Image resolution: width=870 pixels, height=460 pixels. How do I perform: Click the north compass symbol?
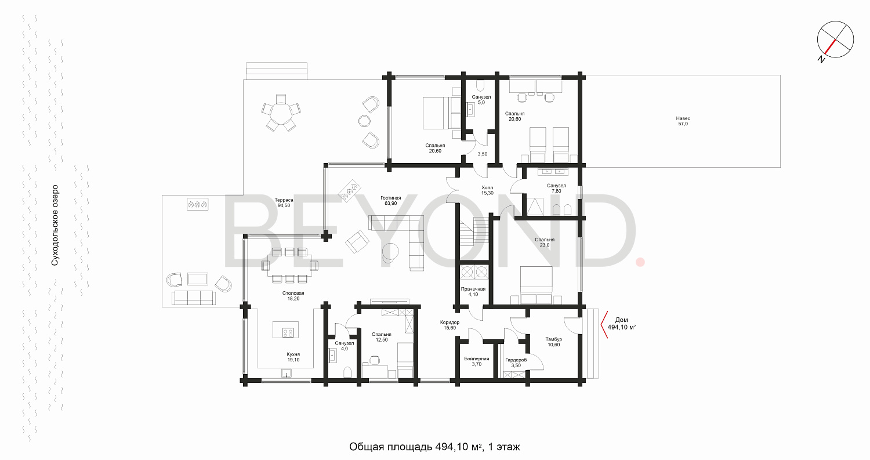(835, 41)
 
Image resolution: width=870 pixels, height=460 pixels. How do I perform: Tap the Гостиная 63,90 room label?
(391, 201)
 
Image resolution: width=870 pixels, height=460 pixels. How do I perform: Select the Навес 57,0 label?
(683, 121)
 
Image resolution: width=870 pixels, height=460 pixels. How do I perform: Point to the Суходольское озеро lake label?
(55, 225)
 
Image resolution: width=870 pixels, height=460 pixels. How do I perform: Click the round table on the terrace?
(281, 113)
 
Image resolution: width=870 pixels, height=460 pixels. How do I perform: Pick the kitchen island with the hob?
(285, 329)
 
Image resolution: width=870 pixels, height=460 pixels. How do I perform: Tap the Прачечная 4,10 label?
(473, 292)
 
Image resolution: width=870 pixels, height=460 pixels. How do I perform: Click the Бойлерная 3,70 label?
(477, 361)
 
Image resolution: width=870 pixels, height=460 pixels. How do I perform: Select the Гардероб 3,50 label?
(516, 363)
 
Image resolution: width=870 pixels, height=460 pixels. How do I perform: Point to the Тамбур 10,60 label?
(553, 342)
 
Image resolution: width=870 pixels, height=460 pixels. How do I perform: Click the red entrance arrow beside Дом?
(604, 324)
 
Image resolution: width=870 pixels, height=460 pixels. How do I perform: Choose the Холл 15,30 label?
(487, 190)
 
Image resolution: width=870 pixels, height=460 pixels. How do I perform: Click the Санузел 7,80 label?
(556, 189)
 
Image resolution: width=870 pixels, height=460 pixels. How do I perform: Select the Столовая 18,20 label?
(293, 296)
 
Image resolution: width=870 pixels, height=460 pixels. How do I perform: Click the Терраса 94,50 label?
(284, 203)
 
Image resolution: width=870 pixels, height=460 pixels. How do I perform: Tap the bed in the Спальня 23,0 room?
(536, 285)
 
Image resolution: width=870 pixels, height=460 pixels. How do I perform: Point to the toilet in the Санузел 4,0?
(347, 372)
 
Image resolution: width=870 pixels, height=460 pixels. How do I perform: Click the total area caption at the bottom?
(434, 447)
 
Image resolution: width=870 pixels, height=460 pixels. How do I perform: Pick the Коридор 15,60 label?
(449, 325)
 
